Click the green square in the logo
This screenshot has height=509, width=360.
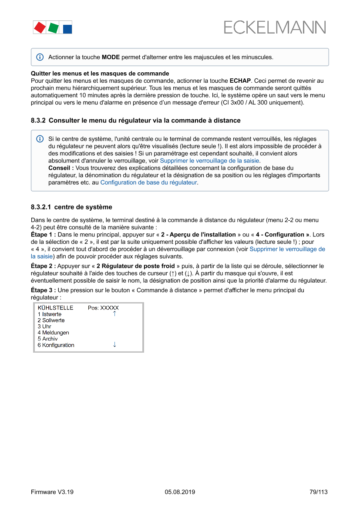[53, 28]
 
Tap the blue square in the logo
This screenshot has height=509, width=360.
[67, 29]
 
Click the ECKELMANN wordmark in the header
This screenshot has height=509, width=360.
[275, 27]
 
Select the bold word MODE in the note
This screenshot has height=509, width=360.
[111, 57]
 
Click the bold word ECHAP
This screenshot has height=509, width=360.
[240, 81]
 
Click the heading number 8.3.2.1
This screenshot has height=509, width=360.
[41, 207]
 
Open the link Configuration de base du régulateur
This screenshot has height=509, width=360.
[148, 182]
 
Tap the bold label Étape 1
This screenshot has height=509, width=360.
[43, 234]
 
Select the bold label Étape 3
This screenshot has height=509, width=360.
[43, 290]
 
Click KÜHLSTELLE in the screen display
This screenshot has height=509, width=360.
[55, 308]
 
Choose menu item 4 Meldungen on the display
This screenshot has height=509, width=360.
[53, 333]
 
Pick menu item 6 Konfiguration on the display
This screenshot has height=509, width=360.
[56, 345]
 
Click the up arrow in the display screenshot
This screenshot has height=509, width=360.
[114, 314]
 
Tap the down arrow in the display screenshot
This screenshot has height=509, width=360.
[114, 344]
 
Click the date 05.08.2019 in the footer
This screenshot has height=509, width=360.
[180, 492]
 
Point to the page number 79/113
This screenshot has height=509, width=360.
[318, 492]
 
